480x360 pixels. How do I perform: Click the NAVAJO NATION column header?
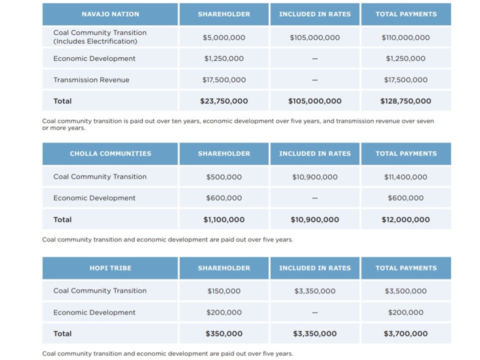coord(110,14)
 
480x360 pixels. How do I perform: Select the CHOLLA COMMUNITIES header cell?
coord(110,153)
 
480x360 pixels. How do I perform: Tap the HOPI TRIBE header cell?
coord(110,268)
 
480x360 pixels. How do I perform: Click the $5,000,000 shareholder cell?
coord(224,37)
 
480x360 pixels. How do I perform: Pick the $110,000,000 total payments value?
coord(405,37)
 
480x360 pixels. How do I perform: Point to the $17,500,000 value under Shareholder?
coord(224,80)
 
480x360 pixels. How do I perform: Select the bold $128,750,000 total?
coord(405,101)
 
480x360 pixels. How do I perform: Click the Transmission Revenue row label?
coord(91,80)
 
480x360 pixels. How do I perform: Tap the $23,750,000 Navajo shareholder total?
coord(224,101)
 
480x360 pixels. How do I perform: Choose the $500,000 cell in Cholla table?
coord(224,177)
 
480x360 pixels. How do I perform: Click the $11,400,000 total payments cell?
coord(405,177)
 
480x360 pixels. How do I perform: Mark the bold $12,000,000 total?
coord(405,219)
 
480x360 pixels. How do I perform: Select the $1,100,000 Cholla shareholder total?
coord(224,219)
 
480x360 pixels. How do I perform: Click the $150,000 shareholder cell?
coord(224,291)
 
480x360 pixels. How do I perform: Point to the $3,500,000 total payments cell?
coord(405,291)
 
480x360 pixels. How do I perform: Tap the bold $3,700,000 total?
coord(405,333)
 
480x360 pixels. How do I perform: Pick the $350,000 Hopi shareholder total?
coord(224,333)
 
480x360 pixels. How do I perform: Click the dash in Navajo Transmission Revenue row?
coord(314,80)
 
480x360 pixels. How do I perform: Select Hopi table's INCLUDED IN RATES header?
coord(314,268)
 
